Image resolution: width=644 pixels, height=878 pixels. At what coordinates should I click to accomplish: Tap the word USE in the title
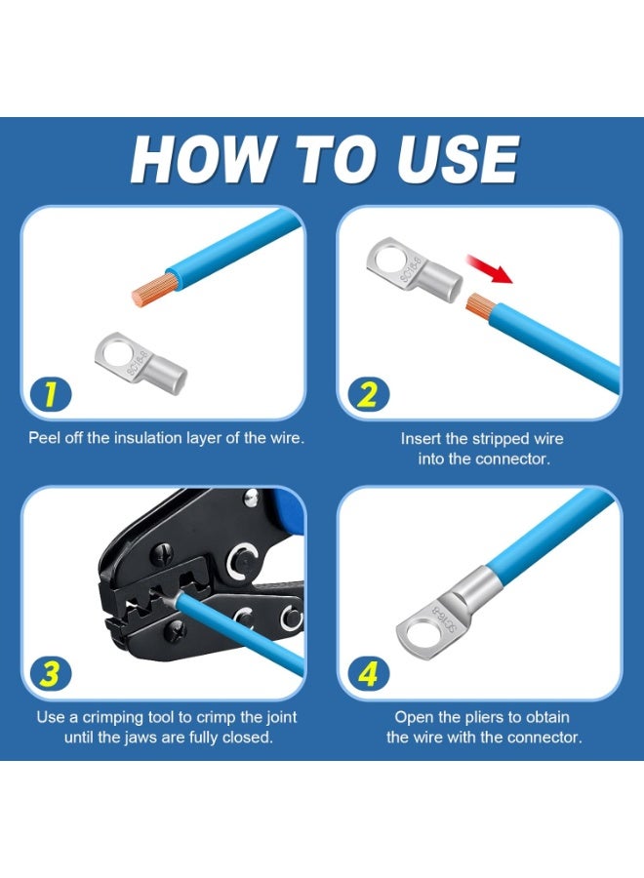458,160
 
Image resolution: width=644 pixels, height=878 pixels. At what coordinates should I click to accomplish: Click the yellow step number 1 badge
51,394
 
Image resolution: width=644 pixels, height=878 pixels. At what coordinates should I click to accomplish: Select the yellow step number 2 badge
367,395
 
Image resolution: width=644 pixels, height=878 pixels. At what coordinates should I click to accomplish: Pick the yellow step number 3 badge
51,673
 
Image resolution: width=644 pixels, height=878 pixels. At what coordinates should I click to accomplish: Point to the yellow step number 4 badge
367,673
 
